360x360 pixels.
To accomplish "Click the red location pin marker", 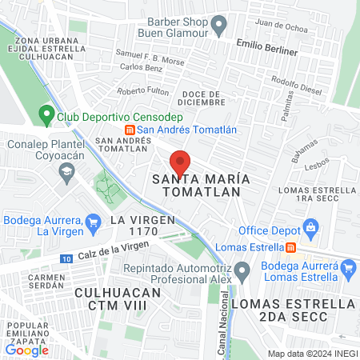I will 181,162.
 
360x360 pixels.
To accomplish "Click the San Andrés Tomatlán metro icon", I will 129,130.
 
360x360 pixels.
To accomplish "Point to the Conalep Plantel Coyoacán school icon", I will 69,170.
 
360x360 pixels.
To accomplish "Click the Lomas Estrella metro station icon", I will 291,246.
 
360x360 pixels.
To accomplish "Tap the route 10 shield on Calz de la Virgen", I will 66,258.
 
